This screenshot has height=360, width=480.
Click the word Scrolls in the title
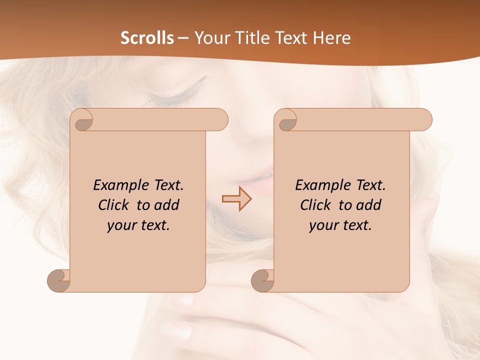(147, 38)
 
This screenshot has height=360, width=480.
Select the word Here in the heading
(332, 38)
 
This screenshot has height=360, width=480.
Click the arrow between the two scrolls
(236, 198)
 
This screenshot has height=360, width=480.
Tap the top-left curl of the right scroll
(287, 121)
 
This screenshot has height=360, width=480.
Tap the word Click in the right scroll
(316, 205)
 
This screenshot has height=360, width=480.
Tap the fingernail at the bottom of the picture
(178, 331)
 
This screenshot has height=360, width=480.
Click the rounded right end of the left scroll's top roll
(220, 120)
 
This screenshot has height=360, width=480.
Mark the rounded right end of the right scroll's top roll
(424, 120)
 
